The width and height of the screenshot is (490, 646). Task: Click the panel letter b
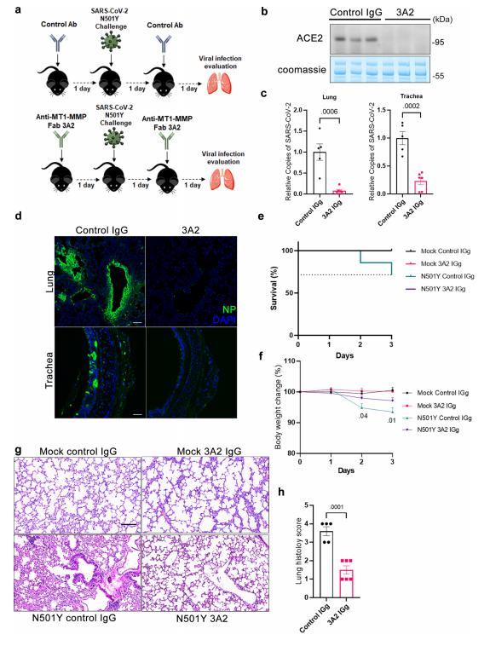tap(264, 11)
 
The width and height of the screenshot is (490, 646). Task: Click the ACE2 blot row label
tap(309, 38)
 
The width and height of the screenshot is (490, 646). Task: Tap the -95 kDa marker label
tap(438, 43)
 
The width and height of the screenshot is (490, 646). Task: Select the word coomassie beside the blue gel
tap(302, 70)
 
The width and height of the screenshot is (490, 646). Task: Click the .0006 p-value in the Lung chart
tap(330, 112)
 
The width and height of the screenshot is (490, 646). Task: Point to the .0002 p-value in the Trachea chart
tap(412, 107)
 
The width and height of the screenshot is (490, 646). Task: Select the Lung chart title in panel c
tap(329, 97)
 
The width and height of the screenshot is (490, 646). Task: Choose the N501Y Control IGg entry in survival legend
tap(447, 276)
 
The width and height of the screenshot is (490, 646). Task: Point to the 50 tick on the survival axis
tap(291, 293)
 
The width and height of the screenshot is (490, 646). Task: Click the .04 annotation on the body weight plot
tap(363, 416)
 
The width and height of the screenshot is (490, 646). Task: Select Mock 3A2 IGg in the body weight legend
tap(436, 406)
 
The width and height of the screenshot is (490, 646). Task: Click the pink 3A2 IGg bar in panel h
tap(346, 584)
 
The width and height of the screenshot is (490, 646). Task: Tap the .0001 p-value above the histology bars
tap(337, 507)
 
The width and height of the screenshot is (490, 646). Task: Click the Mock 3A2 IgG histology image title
tap(209, 452)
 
